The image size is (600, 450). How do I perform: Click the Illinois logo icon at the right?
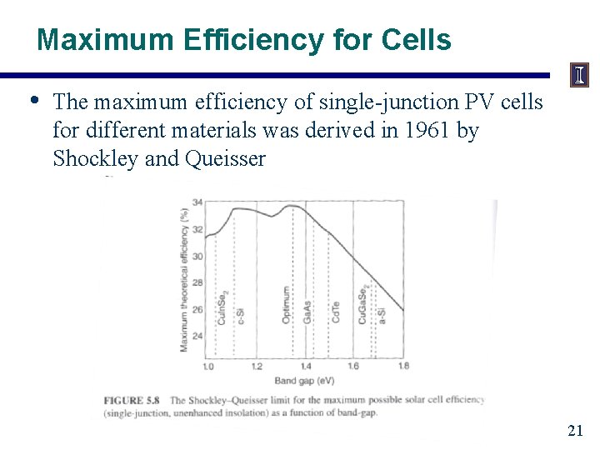click(x=578, y=76)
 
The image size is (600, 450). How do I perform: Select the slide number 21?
click(x=574, y=430)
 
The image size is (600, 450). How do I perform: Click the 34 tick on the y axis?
click(x=197, y=202)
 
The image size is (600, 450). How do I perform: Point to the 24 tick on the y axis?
click(x=197, y=336)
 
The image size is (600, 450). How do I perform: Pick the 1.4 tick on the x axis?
click(x=305, y=367)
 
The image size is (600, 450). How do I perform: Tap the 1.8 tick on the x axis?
click(x=403, y=367)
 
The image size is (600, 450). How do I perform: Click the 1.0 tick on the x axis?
click(x=207, y=367)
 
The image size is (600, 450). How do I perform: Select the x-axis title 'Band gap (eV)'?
click(x=305, y=382)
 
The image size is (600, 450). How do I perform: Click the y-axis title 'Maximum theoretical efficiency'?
click(x=183, y=279)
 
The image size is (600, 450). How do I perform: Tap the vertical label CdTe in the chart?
click(x=336, y=312)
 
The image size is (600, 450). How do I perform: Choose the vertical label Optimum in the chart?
click(x=287, y=305)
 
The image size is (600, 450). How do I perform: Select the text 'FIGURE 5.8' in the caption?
click(x=132, y=400)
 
